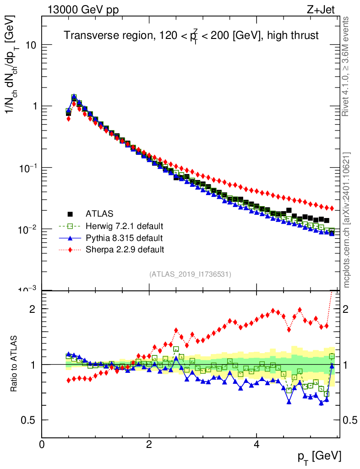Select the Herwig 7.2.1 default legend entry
[x=124, y=226]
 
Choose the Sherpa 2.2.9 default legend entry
[x=125, y=250]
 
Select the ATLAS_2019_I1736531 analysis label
[x=190, y=274]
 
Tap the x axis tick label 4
[x=256, y=445]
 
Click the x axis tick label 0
[x=42, y=445]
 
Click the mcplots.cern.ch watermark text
[x=347, y=220]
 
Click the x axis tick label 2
[x=149, y=445]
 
